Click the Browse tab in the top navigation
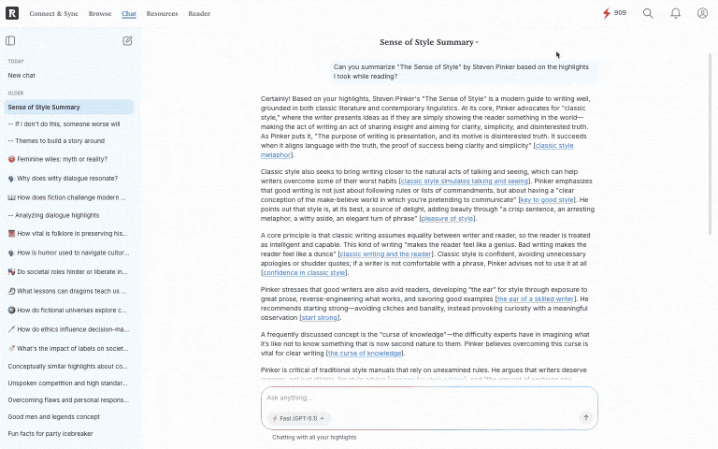100,14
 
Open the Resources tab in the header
162,14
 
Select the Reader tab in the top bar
199,14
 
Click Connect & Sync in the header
54,14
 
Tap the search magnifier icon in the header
649,14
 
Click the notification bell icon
676,14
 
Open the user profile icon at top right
702,14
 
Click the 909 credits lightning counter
614,13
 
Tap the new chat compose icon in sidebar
127,41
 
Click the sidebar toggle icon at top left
10,41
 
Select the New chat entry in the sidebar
22,75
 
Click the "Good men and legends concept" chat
53,416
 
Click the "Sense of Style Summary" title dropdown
429,42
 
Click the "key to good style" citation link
547,200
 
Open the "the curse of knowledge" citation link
365,353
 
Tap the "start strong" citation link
320,318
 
